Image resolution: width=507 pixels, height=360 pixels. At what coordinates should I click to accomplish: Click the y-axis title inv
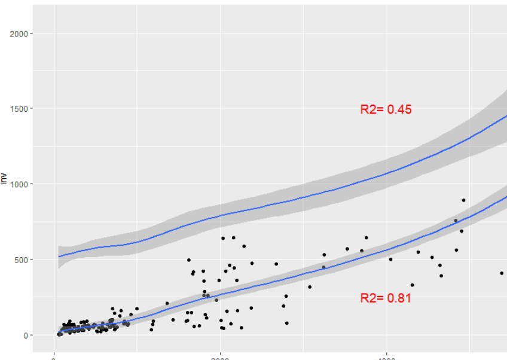pos(4,180)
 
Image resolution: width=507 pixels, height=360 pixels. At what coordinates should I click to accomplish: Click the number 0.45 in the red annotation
pos(399,109)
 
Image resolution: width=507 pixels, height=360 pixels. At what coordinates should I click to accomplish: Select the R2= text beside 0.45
pos(372,109)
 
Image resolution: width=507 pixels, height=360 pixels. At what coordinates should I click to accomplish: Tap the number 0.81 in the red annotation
pos(399,298)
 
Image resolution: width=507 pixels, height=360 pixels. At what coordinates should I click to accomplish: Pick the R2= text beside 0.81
pos(372,298)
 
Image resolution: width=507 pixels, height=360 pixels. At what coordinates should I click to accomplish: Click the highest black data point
pos(463,200)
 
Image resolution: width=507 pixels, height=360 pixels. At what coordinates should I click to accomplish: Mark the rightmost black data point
pos(502,273)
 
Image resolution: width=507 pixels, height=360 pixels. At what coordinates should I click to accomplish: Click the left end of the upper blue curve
pos(59,257)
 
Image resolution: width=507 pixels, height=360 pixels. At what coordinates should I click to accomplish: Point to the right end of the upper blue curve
pos(506,116)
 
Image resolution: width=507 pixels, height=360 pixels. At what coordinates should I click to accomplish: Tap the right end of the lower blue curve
pos(506,197)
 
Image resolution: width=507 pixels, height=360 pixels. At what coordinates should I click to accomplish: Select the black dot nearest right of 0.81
pos(412,285)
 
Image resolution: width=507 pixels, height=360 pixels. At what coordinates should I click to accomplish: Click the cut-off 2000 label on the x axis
pos(221,358)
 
